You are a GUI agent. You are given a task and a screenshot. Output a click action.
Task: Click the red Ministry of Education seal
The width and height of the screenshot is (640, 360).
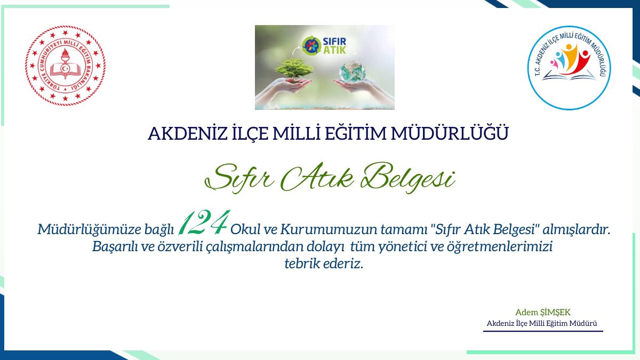tap(65, 66)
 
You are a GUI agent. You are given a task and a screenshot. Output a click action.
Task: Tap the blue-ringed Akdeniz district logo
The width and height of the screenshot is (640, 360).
tap(569, 68)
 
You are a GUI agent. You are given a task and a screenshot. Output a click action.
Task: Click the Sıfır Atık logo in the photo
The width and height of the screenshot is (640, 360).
tap(325, 45)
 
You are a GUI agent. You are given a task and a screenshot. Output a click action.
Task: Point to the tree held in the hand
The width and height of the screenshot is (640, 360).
tap(294, 69)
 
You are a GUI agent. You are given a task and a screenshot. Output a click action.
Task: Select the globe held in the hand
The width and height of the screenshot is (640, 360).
tap(354, 71)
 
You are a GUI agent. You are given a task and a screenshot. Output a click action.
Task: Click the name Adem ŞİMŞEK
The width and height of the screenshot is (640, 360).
tap(539, 312)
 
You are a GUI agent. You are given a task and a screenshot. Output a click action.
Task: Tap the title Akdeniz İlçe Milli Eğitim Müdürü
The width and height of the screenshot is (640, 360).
tap(542, 324)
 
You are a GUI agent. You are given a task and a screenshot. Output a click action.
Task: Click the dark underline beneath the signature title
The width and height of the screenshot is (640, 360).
tap(543, 331)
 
